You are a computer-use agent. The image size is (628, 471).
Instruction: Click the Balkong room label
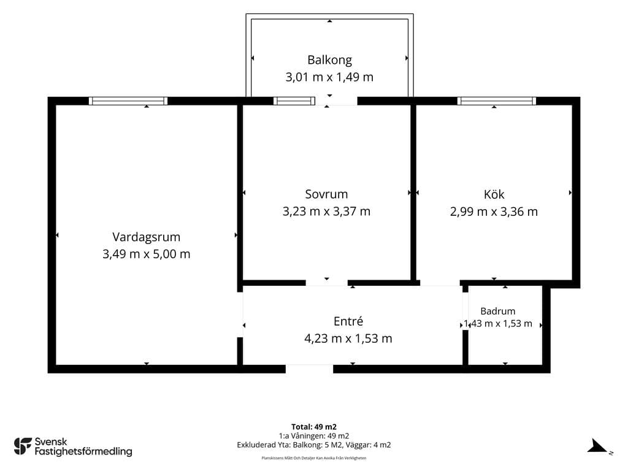[329, 60]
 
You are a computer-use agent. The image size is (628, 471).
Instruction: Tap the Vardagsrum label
[146, 237]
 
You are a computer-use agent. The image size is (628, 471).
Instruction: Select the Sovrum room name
[326, 194]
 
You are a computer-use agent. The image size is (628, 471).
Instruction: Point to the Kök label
[494, 194]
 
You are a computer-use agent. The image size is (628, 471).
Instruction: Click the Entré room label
[348, 321]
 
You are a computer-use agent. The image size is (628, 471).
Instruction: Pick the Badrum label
[498, 311]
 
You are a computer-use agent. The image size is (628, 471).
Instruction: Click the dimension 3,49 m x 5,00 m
[146, 255]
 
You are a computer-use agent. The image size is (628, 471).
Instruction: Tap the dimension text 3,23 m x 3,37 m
[326, 212]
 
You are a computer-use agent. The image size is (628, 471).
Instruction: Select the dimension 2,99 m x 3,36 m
[494, 212]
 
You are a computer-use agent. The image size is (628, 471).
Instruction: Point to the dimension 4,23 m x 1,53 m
[348, 339]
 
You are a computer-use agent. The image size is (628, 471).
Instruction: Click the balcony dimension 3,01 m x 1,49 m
[329, 77]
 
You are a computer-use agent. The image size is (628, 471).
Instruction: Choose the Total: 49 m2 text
[314, 427]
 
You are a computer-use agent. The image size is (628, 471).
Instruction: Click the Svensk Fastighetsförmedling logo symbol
[23, 446]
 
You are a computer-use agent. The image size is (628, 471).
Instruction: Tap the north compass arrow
[597, 446]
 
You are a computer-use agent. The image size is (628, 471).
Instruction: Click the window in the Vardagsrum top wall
[128, 101]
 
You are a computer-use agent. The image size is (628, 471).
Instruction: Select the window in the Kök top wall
[497, 101]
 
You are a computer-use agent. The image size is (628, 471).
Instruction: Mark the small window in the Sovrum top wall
[294, 101]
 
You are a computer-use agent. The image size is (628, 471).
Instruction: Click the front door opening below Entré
[309, 369]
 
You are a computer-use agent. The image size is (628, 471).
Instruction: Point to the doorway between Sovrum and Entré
[327, 283]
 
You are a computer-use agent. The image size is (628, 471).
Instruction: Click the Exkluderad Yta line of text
[314, 445]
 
